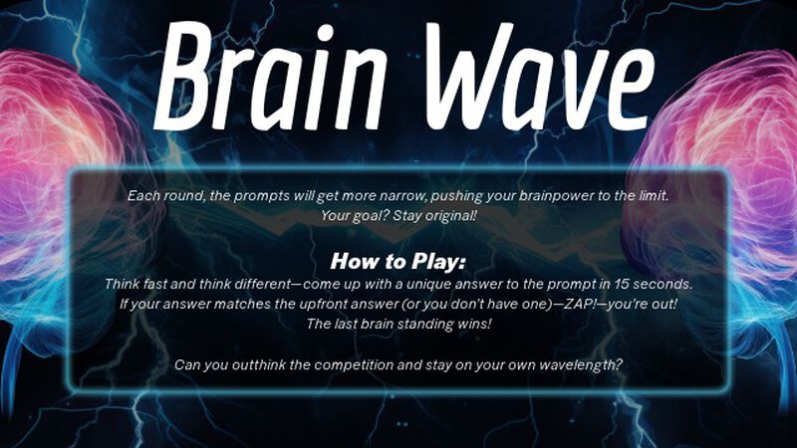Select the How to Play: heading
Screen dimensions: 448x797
[398, 263]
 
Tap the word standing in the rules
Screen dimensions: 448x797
[421, 324]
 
